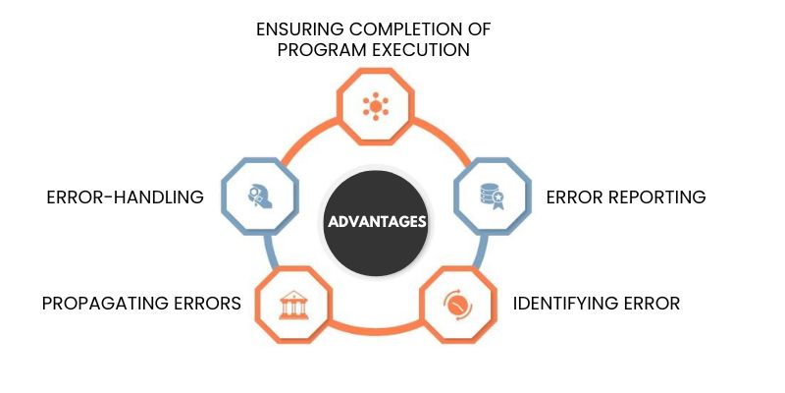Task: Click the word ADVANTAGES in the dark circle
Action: point(377,222)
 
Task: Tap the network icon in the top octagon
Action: point(376,106)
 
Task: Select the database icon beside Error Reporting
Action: point(492,196)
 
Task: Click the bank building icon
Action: point(293,305)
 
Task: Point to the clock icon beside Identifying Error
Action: point(457,305)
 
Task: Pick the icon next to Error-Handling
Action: point(260,196)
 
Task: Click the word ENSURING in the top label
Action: point(299,29)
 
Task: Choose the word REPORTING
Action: point(656,197)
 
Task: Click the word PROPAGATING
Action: point(104,304)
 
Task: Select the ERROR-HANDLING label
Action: point(126,197)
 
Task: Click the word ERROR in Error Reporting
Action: point(575,197)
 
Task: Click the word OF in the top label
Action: point(481,29)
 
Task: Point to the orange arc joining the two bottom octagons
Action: point(376,329)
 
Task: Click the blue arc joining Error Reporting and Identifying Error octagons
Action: point(482,251)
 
